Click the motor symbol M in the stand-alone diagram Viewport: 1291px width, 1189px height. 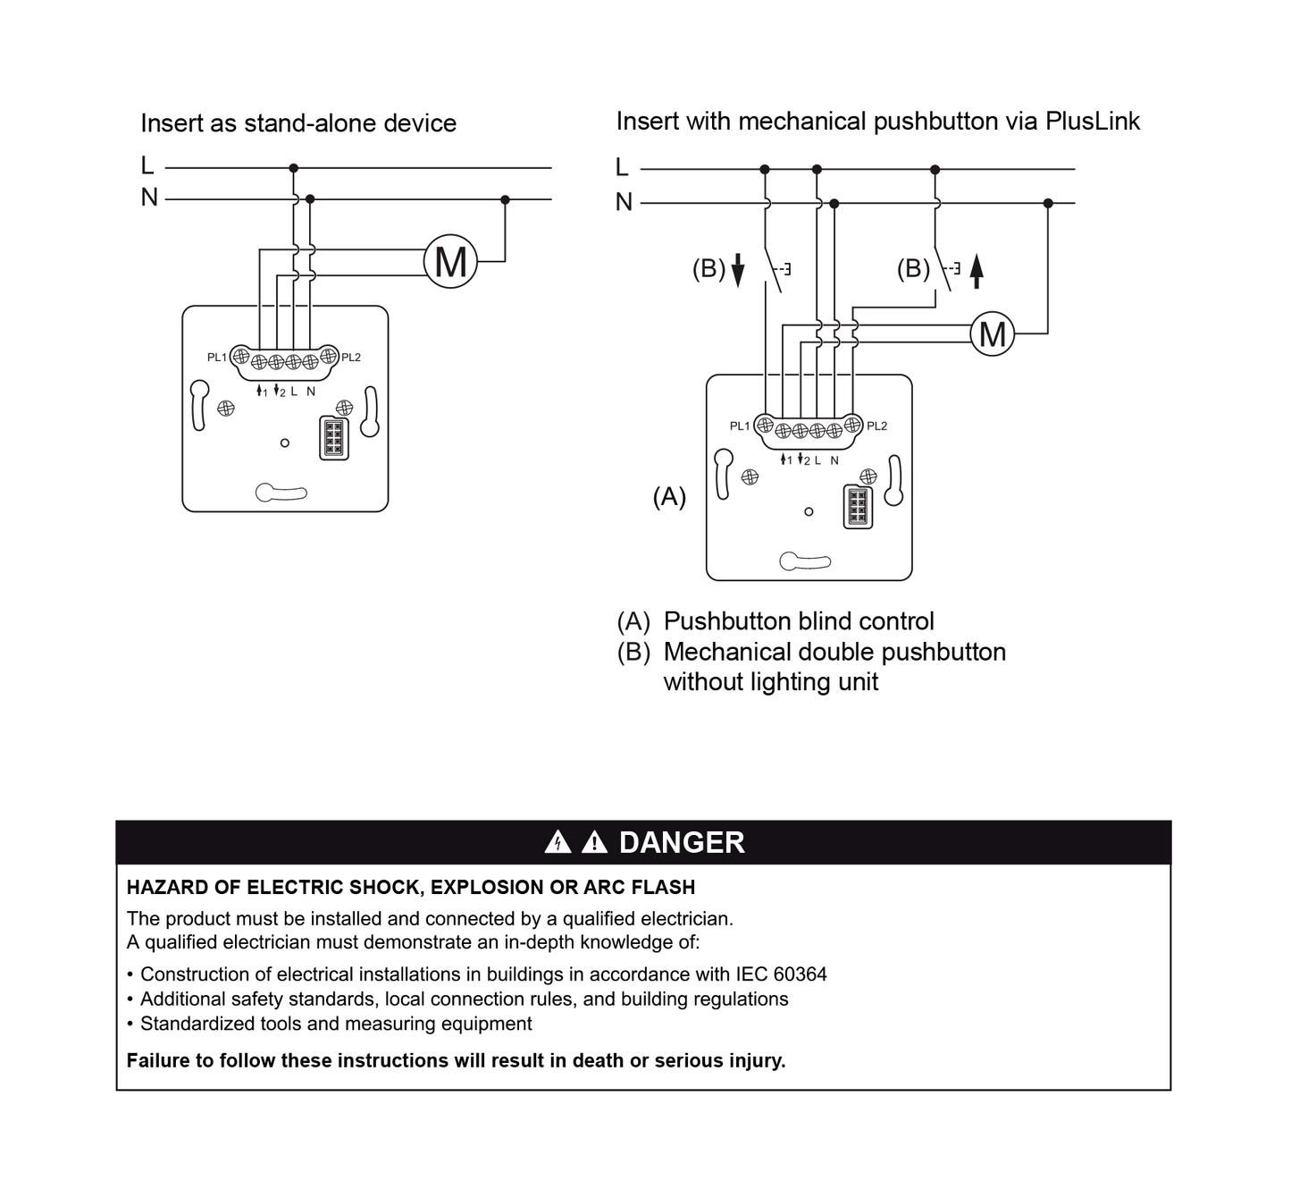point(450,261)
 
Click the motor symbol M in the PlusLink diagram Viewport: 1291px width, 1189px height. point(993,333)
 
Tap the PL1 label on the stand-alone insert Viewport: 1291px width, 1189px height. point(217,357)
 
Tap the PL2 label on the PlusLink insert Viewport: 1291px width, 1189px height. point(877,426)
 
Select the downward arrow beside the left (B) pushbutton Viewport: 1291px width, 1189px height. point(738,269)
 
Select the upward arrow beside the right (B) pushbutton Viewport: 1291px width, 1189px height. point(977,271)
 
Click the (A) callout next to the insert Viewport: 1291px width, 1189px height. point(669,496)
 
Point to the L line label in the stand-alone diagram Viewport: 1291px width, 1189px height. point(147,165)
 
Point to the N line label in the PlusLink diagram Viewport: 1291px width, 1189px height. point(625,202)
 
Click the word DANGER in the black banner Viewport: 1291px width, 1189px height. point(682,842)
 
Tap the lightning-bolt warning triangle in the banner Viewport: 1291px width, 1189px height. point(557,842)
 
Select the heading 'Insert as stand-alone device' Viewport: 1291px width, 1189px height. point(298,123)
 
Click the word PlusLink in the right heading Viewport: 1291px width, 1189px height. point(1093,121)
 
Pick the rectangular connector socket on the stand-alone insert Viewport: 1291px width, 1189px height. point(334,438)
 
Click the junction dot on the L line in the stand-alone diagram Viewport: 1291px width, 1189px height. point(293,168)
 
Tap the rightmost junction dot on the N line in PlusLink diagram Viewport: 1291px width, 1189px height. point(1048,204)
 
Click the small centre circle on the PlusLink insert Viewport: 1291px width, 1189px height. point(809,511)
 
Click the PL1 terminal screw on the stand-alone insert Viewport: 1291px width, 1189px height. point(240,355)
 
